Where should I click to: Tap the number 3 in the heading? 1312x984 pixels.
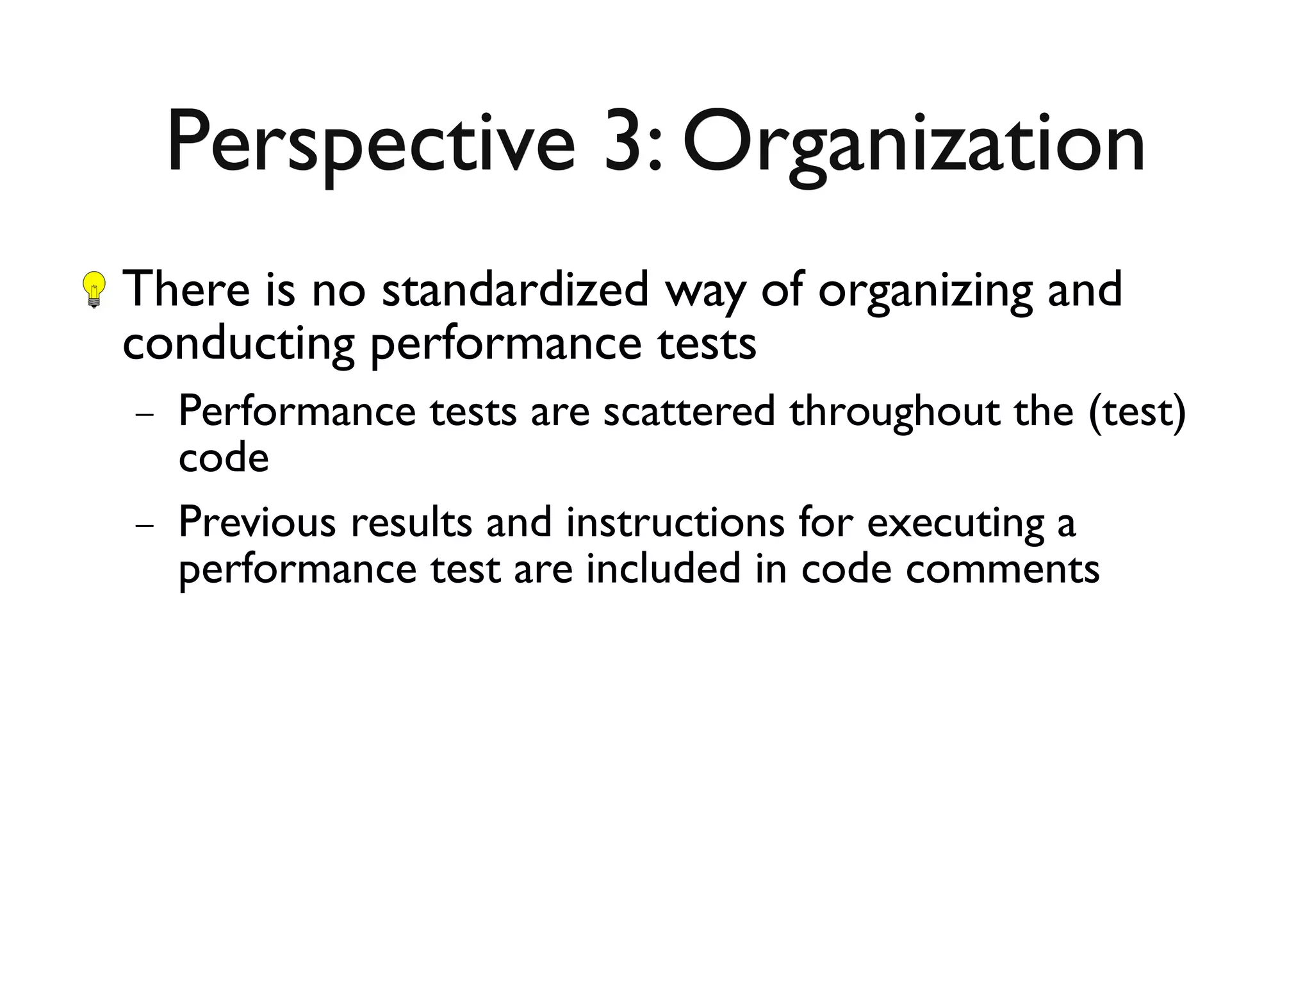click(x=624, y=142)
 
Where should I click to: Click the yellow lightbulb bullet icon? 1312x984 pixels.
click(x=95, y=290)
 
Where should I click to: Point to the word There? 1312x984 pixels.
click(x=186, y=289)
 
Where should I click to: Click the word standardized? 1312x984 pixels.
click(x=515, y=289)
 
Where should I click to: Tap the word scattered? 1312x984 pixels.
click(x=689, y=411)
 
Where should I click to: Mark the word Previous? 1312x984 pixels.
click(x=257, y=522)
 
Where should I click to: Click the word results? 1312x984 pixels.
click(x=411, y=522)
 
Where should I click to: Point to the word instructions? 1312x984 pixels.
click(x=675, y=522)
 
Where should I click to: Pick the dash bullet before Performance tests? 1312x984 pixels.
click(x=145, y=414)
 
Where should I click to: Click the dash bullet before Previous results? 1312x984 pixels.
click(x=145, y=525)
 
